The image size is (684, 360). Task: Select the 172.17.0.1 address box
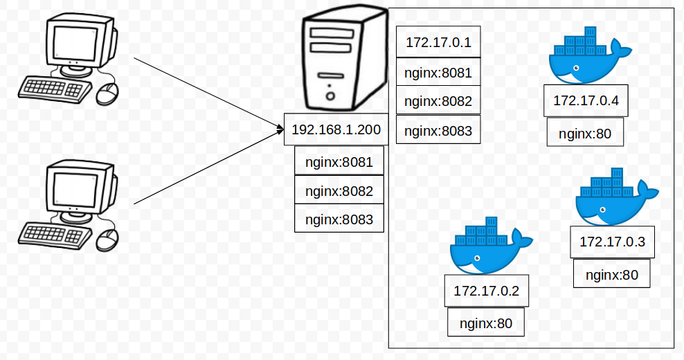[438, 43]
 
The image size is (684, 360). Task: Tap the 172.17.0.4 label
[586, 101]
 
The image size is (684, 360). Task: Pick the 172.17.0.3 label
[612, 242]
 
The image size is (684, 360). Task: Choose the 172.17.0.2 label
[486, 291]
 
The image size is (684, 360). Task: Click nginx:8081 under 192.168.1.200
[339, 163]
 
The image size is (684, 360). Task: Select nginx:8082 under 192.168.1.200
[339, 191]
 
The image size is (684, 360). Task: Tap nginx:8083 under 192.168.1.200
[339, 219]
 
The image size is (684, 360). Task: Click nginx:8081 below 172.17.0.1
[438, 73]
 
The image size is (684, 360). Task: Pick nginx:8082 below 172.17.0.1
[438, 101]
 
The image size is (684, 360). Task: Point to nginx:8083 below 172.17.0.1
[438, 130]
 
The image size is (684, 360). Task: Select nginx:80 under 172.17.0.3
[611, 274]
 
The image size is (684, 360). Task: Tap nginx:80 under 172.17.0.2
[486, 323]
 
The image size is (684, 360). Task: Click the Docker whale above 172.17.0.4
[585, 59]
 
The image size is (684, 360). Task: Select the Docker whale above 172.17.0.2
[487, 249]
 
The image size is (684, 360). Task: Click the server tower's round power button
[330, 96]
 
